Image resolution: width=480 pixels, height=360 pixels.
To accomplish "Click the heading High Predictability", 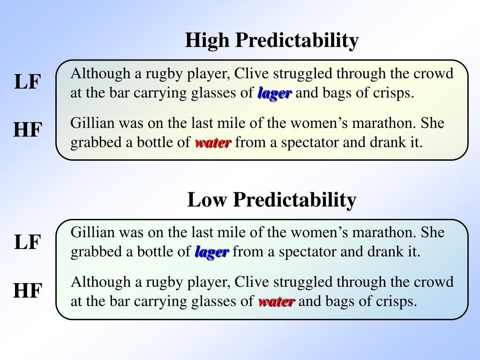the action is pos(272,40).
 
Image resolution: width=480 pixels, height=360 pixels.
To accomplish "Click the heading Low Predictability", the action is pos(272,200).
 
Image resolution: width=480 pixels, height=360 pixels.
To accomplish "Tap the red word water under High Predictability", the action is pos(213,142).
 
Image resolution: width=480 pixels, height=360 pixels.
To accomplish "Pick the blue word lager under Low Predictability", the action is pos(212,252).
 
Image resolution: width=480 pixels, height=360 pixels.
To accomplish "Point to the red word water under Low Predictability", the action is pos(277,301).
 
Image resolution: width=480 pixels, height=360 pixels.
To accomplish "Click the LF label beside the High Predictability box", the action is pos(28,82).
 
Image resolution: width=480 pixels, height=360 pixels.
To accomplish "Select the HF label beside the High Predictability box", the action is pos(28,129).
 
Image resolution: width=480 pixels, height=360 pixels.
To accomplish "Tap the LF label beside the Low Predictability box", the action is pos(28,242).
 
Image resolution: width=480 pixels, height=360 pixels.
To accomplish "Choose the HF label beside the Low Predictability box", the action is pos(28,291).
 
